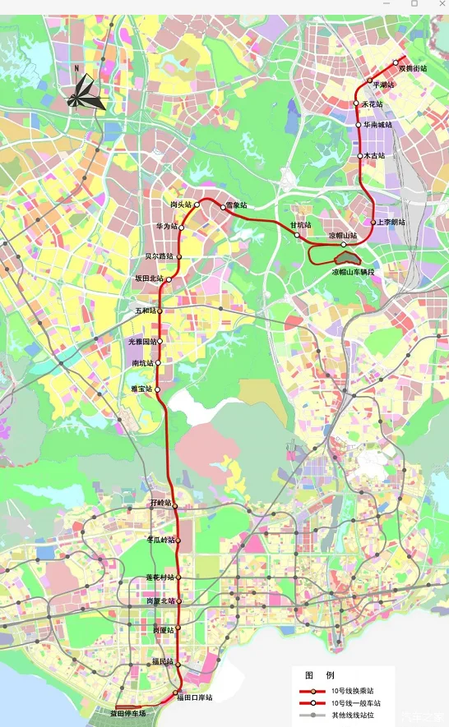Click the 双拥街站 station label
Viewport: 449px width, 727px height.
[413, 68]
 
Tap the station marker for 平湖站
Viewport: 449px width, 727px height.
[370, 80]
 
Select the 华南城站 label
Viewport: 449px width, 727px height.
[378, 125]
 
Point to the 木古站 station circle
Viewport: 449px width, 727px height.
[360, 155]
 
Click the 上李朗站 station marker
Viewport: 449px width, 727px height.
[373, 222]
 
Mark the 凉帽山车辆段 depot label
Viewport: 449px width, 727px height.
[353, 271]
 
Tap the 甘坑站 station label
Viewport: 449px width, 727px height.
[300, 224]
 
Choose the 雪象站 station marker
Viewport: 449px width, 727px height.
[224, 207]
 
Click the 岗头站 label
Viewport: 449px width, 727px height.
[181, 204]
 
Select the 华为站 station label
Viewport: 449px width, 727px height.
[167, 226]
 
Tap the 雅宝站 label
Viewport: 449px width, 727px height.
[141, 389]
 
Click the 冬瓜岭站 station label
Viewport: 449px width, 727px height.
[161, 540]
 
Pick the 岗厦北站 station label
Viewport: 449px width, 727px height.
[161, 601]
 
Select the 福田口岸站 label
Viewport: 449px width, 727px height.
[194, 697]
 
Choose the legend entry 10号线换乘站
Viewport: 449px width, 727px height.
[350, 692]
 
